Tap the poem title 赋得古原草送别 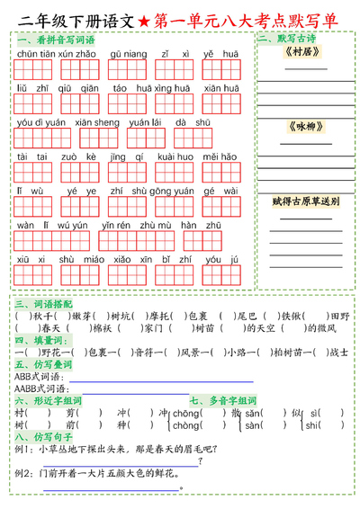point(306,201)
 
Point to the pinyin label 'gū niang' point(127,54)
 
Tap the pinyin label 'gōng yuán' point(176,191)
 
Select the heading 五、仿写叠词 point(37,364)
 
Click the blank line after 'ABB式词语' point(135,377)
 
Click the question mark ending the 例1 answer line point(198,462)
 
